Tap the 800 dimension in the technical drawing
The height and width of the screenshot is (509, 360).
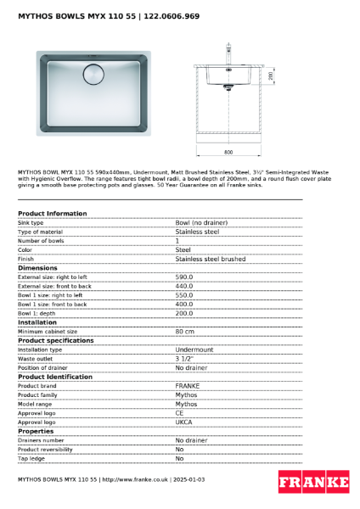(228, 152)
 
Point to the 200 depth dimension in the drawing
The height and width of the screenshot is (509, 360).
(270, 76)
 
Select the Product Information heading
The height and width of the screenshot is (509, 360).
(52, 213)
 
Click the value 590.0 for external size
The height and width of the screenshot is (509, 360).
(184, 277)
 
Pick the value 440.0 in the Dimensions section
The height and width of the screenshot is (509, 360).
(184, 286)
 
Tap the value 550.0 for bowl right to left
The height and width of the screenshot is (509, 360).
(184, 295)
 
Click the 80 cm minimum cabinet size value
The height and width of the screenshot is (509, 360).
(185, 332)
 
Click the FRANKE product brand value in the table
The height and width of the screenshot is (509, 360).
(188, 385)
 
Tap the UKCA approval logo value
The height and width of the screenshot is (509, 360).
(185, 422)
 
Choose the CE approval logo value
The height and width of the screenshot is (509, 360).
(180, 412)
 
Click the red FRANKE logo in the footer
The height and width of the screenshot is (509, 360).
(313, 482)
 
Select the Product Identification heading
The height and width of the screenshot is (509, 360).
(56, 377)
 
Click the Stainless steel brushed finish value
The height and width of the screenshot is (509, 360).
(211, 259)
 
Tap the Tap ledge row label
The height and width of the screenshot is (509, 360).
(31, 458)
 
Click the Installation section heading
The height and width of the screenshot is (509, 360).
(37, 322)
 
